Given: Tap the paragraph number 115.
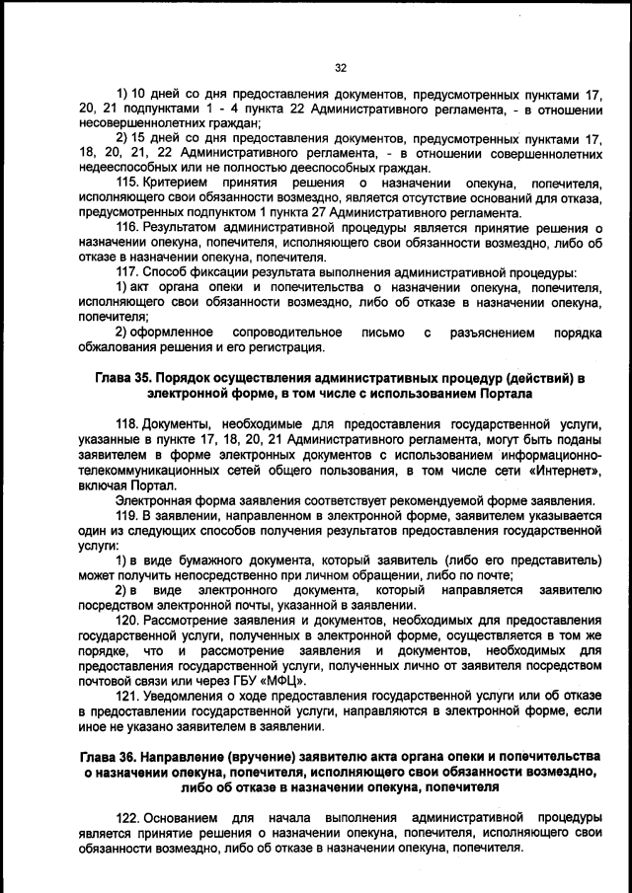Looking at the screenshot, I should click(128, 183).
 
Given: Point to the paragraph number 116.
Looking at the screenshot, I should click(128, 227).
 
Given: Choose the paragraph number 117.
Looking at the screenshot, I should click(128, 271).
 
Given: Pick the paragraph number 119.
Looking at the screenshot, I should click(128, 515).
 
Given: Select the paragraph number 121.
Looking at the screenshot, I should click(128, 696).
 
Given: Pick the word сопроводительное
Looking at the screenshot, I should click(287, 333).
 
